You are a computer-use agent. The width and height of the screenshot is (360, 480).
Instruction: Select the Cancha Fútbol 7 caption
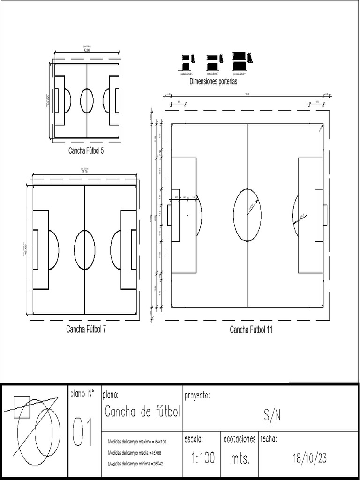(86, 329)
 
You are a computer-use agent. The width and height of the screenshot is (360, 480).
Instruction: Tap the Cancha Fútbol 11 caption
(251, 330)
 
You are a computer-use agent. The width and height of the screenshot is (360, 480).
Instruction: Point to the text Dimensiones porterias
(213, 81)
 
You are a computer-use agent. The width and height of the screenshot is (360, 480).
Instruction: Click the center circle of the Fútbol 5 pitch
(87, 101)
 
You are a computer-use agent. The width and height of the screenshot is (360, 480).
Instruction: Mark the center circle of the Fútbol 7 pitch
(84, 250)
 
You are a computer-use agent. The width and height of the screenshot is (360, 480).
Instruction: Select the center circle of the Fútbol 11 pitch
(247, 215)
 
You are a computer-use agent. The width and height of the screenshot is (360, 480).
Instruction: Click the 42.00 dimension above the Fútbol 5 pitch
(86, 50)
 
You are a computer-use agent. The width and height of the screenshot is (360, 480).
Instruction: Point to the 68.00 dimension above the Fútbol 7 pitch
(84, 172)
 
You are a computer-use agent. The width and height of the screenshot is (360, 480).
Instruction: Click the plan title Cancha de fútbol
(142, 412)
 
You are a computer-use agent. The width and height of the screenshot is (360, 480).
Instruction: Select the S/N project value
(272, 415)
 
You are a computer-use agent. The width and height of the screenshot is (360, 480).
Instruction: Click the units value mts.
(240, 459)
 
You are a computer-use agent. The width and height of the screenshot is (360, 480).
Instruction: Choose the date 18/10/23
(309, 458)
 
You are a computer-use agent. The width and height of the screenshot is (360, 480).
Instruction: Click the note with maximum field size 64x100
(137, 442)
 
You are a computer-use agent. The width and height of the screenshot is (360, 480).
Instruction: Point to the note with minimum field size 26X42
(136, 464)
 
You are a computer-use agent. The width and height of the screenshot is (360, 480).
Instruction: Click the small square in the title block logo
(22, 407)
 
